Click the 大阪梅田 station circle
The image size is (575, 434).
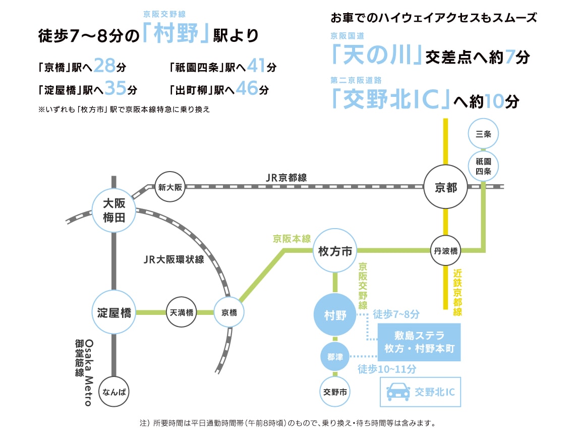114,210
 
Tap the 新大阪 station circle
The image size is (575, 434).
169,186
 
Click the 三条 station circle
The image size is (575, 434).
483,134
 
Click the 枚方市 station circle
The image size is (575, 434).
335,251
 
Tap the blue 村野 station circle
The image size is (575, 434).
335,315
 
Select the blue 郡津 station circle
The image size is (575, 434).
335,357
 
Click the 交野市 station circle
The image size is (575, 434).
335,391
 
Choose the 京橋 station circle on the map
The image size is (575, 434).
229,313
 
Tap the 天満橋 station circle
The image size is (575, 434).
182,313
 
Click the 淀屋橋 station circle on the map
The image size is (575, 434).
114,313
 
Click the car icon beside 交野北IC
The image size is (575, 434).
397,391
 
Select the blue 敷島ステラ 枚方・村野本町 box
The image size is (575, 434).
420,342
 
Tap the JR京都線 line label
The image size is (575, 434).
286,178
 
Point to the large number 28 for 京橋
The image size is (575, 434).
104,66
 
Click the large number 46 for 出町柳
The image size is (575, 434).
247,89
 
